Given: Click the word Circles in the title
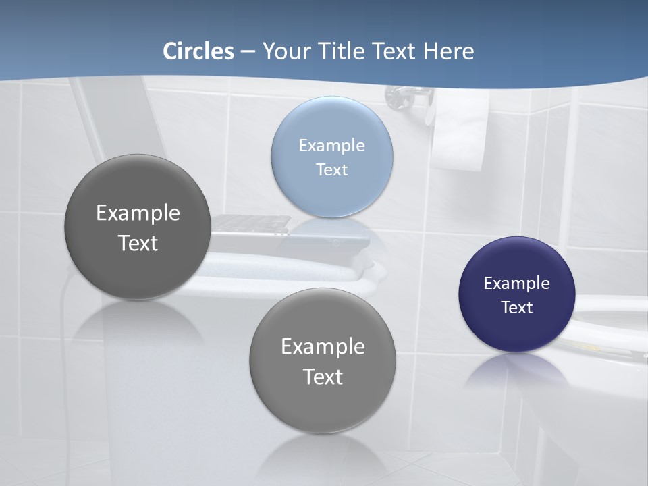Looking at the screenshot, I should point(198,51).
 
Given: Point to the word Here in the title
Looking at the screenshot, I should point(448,51).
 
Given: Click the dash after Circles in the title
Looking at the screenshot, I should point(248,52).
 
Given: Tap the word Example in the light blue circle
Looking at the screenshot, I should point(331,145).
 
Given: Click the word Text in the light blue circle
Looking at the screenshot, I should point(331,169).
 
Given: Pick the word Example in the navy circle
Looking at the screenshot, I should point(516,283).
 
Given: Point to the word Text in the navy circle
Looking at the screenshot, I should point(516,307).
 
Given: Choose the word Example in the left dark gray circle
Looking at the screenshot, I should point(138,213).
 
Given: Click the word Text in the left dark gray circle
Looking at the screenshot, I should point(138,243).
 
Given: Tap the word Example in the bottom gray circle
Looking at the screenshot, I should point(323,346).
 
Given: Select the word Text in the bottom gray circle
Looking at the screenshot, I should point(323,377).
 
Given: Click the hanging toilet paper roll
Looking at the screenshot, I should point(460,132).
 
